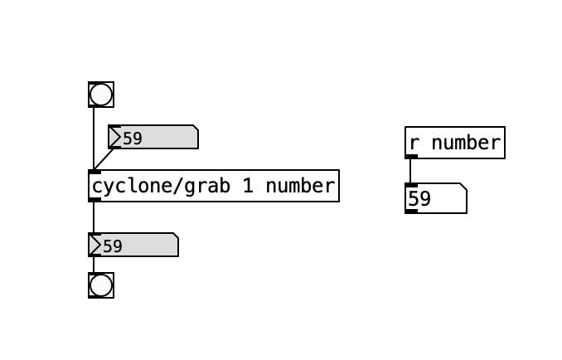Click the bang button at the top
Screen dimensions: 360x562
101,95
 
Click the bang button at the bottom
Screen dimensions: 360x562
101,285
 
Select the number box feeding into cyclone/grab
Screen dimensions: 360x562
153,138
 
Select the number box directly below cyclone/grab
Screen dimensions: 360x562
133,246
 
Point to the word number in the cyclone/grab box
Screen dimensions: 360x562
298,186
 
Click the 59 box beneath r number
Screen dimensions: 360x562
435,199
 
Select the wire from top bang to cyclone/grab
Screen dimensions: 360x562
94,137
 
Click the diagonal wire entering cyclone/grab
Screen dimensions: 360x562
104,158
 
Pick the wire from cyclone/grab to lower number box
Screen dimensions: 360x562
94,217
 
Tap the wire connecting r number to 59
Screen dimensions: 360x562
410,171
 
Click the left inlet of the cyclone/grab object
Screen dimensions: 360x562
94,172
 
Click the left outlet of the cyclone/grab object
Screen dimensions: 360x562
94,200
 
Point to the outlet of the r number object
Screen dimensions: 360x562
411,156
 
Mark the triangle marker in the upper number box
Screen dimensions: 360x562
114,138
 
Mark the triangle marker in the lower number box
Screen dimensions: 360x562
94,246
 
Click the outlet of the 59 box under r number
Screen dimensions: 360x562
411,212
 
